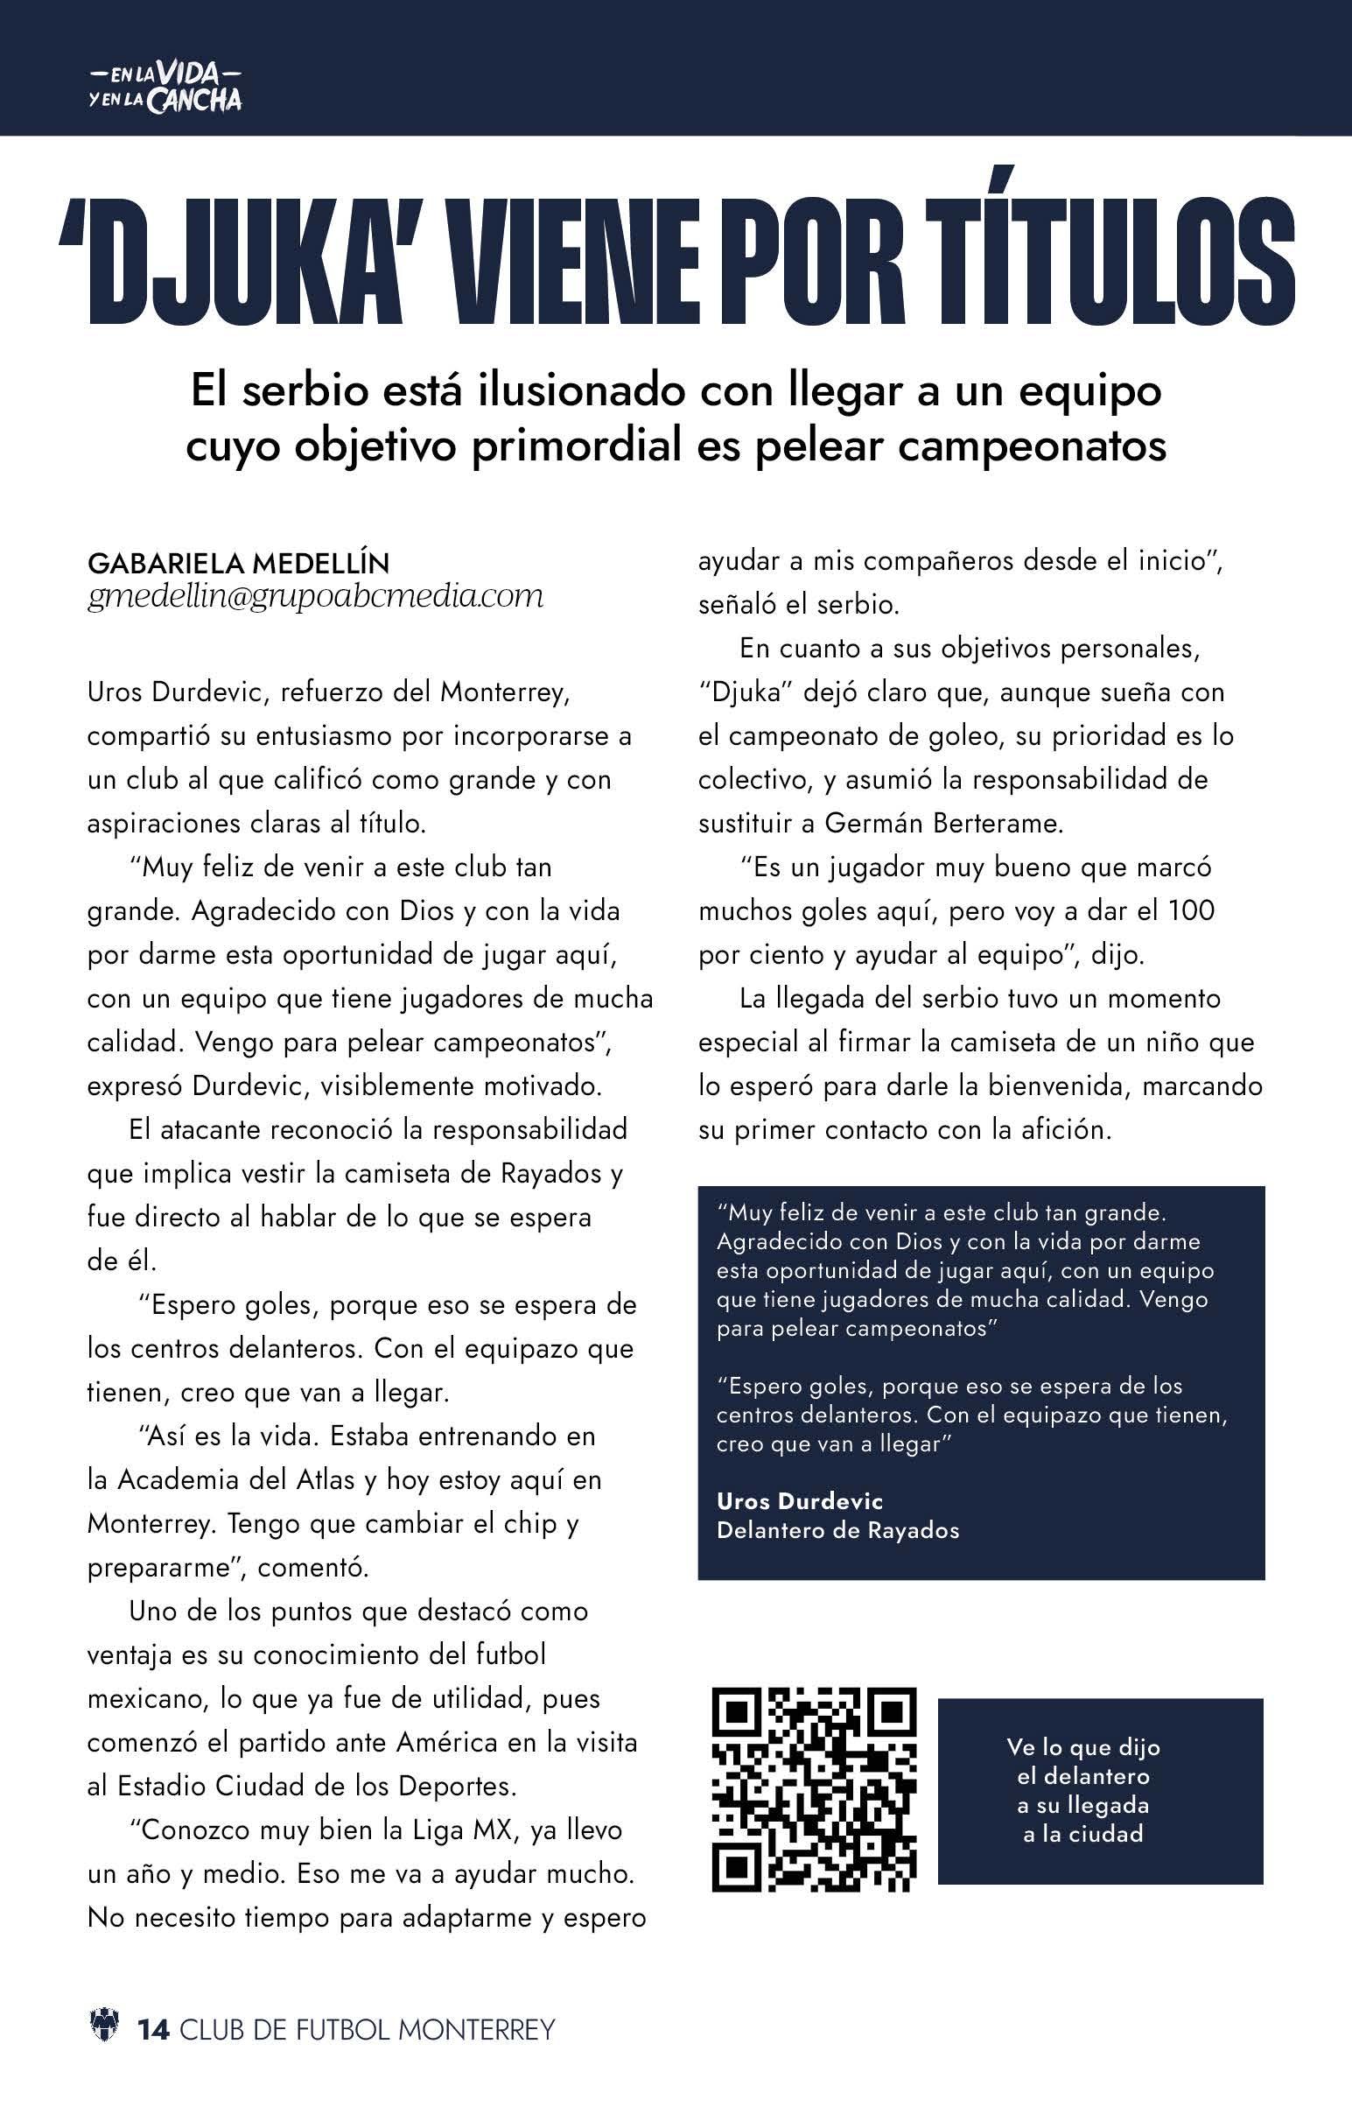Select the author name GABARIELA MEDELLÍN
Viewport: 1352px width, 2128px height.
click(x=239, y=562)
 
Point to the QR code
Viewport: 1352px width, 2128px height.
click(x=814, y=1789)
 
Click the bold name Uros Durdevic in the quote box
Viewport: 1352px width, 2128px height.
click(x=799, y=1500)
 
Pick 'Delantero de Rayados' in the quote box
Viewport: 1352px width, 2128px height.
click(x=837, y=1530)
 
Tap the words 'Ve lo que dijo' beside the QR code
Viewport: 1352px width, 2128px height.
click(x=1082, y=1747)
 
